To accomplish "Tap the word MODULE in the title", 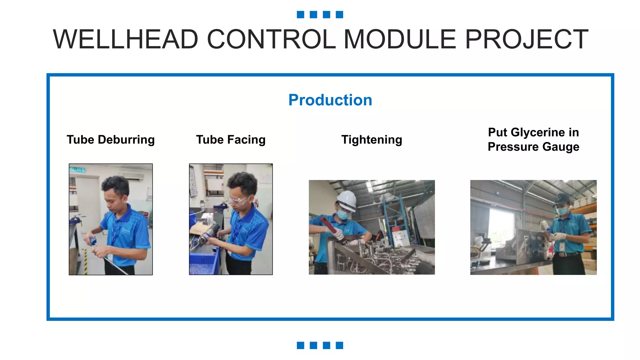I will point(400,39).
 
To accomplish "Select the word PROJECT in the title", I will point(527,39).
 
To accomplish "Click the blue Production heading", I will point(330,100).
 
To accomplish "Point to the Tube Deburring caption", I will point(111,140).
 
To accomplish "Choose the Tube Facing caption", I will point(231,140).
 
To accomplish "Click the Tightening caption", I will point(372,140).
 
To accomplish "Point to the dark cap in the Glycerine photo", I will point(561,200).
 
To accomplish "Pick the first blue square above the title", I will point(300,14).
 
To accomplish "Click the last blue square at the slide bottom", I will point(339,345).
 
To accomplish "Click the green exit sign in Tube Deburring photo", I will point(77,170).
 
